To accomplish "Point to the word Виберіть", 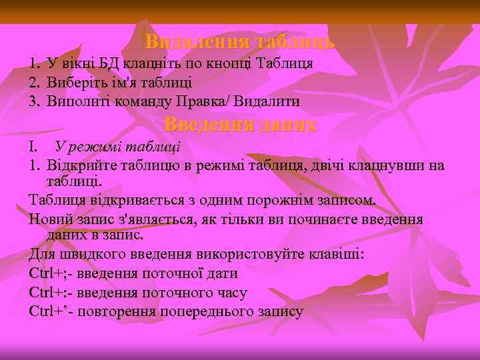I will pos(74,83).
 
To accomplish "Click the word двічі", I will pos(342,166).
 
